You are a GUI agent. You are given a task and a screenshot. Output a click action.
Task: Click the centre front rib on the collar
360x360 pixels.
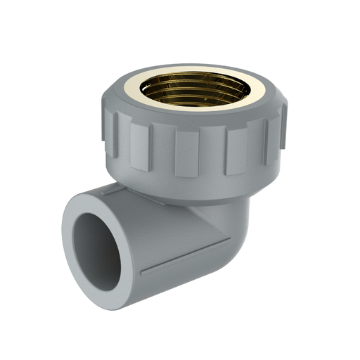[187, 152]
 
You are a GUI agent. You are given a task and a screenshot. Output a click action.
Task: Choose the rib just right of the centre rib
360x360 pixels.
[236, 150]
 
